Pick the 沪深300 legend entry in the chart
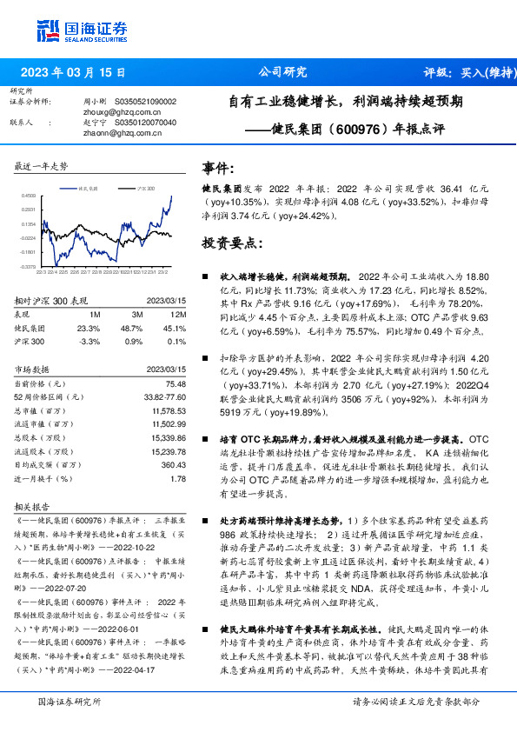pos(145,187)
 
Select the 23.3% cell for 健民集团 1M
pos(89,329)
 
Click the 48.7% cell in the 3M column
pos(131,329)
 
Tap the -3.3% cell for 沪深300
pos(89,343)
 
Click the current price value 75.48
pos(176,383)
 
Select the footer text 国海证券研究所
pos(70,702)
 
